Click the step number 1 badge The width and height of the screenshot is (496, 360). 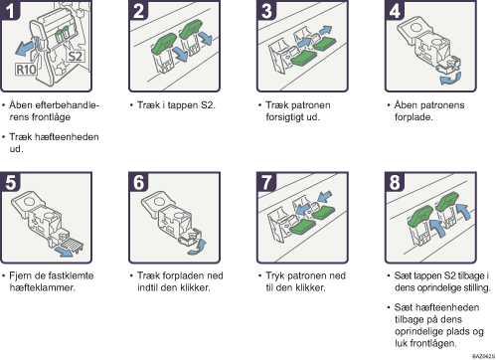click(10, 10)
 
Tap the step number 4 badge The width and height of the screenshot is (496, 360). click(394, 10)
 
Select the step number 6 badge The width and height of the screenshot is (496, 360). click(138, 182)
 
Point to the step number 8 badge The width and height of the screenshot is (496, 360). click(395, 182)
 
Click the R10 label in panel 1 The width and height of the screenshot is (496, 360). click(26, 70)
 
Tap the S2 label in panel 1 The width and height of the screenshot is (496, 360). click(76, 56)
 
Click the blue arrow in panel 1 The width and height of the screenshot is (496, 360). click(25, 49)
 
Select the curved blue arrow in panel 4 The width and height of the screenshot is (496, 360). click(450, 79)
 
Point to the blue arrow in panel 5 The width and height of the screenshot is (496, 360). click(64, 252)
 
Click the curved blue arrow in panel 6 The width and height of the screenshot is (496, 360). click(198, 248)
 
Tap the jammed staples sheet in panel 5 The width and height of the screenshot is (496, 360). click(73, 245)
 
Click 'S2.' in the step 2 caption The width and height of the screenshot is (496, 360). click(208, 105)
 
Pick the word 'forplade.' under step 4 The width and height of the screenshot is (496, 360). click(413, 117)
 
